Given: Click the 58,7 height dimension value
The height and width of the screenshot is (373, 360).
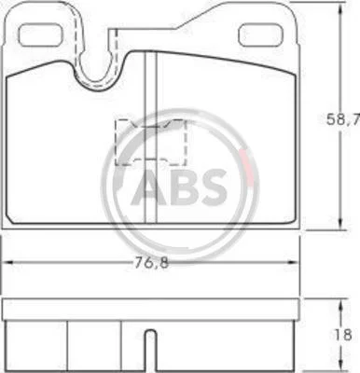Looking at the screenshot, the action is [x=343, y=119].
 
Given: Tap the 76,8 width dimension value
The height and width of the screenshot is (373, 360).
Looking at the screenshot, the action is [x=152, y=264].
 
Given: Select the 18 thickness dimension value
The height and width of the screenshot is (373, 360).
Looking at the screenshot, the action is [x=343, y=335].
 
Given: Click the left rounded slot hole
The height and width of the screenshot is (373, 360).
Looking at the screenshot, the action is [x=40, y=35].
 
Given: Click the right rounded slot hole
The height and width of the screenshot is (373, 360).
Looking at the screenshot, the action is [x=261, y=35].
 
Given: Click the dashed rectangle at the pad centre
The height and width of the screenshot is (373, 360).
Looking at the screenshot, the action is [x=151, y=143].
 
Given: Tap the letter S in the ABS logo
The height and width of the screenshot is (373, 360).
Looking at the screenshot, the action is [x=212, y=187].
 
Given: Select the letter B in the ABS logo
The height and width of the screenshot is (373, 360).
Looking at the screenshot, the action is [x=181, y=187].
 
